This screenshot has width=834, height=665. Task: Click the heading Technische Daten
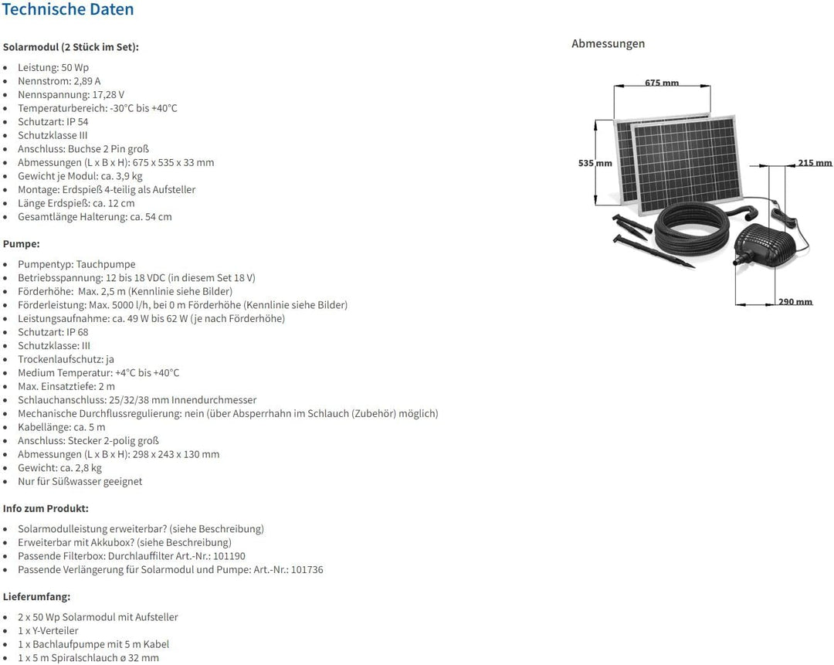click(x=68, y=9)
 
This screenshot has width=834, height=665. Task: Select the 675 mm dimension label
click(x=662, y=83)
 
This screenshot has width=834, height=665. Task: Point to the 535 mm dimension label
click(x=595, y=163)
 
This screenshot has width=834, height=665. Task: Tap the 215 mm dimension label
click(x=815, y=163)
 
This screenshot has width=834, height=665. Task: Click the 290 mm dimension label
click(x=795, y=302)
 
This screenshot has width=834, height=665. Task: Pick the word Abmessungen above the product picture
click(x=608, y=43)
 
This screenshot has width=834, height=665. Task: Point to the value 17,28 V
click(x=109, y=95)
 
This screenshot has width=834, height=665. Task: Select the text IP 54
click(x=78, y=122)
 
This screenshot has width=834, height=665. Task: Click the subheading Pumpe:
click(x=22, y=243)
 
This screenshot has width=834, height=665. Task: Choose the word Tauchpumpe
click(x=106, y=264)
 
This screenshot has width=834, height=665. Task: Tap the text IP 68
click(x=78, y=332)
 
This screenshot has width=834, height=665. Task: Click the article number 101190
click(x=229, y=556)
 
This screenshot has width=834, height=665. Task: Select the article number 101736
click(x=307, y=570)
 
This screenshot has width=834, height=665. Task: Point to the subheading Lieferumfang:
click(x=37, y=596)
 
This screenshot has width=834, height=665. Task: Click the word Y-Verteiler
click(x=56, y=631)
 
